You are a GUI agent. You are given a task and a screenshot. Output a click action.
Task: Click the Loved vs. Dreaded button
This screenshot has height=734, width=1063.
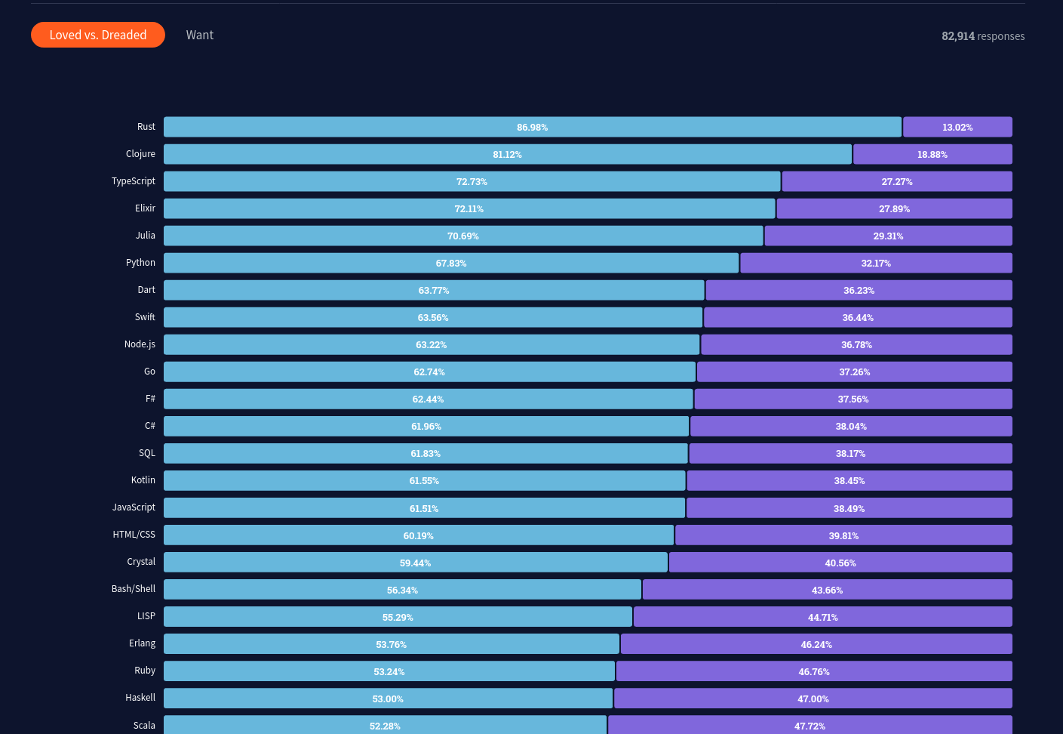coord(98,35)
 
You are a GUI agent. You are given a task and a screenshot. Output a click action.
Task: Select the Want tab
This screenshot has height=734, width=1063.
coord(200,35)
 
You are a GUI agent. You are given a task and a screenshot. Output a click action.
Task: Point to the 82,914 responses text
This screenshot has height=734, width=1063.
coord(982,36)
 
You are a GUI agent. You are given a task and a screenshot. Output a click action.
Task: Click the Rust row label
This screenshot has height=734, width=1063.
coord(146,127)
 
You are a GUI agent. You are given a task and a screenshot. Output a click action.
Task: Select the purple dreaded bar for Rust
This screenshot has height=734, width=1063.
coord(957,127)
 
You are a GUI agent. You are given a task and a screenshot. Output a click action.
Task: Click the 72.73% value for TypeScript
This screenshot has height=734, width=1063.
coord(472,182)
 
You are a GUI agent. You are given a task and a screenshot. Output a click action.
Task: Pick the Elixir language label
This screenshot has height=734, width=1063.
coord(145,208)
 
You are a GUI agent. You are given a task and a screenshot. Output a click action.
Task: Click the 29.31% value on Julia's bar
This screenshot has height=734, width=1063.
coord(888,236)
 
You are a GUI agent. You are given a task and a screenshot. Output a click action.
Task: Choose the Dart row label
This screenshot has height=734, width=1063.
coord(146,290)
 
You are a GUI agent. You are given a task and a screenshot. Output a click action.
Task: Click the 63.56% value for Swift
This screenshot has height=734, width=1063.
coord(433,318)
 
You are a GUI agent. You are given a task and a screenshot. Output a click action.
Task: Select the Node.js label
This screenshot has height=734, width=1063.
coord(140,344)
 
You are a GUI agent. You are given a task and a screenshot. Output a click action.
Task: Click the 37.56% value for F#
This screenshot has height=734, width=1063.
coord(853,399)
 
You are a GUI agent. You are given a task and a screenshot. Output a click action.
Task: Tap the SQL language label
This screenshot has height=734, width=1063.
coord(147,453)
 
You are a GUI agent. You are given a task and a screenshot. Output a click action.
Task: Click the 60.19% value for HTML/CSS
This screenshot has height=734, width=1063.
coord(418,536)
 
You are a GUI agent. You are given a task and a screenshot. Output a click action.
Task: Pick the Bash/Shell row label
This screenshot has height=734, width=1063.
coord(134,589)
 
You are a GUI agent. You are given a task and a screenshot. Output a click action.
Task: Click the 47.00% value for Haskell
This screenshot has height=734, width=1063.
coord(813,699)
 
